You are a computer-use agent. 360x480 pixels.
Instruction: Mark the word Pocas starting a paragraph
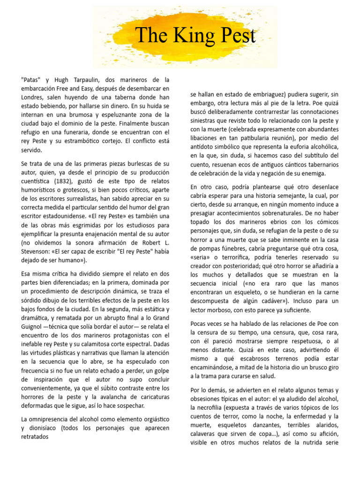point(200,324)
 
